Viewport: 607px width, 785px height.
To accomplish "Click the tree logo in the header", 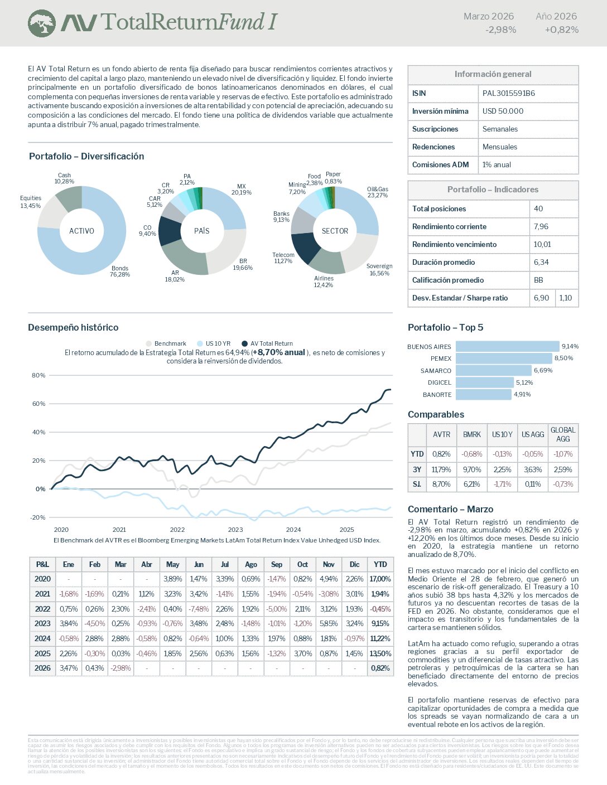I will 42,23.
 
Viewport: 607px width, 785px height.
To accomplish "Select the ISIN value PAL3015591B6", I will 508,93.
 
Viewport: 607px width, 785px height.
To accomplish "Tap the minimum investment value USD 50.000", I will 503,111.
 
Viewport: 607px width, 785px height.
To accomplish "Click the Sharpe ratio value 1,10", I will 565,298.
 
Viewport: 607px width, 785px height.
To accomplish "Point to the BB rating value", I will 538,280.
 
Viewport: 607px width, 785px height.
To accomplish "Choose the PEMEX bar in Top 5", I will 504,358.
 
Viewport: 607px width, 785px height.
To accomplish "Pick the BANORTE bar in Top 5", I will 483,395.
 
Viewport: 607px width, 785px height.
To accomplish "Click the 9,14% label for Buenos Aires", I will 570,346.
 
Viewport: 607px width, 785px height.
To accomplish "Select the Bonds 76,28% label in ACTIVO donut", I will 120,272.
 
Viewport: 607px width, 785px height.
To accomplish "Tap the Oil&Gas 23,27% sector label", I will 378,192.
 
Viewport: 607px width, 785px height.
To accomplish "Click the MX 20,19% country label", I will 241,190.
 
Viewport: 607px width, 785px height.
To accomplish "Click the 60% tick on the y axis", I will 38,404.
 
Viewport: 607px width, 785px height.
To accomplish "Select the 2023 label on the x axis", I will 235,530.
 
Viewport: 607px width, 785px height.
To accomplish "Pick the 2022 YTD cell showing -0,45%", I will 380,609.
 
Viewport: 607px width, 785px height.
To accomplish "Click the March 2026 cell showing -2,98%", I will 121,668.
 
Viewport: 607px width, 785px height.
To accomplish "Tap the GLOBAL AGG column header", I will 563,434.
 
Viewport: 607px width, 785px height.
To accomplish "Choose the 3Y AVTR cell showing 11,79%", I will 441,469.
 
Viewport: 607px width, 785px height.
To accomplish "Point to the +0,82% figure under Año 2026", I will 561,30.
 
